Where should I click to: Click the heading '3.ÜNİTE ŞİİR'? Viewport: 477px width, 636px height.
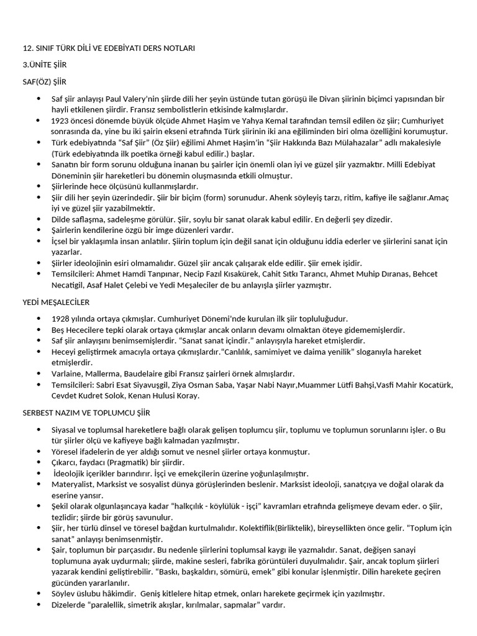point(45,65)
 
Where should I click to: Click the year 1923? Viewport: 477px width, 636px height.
point(62,120)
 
